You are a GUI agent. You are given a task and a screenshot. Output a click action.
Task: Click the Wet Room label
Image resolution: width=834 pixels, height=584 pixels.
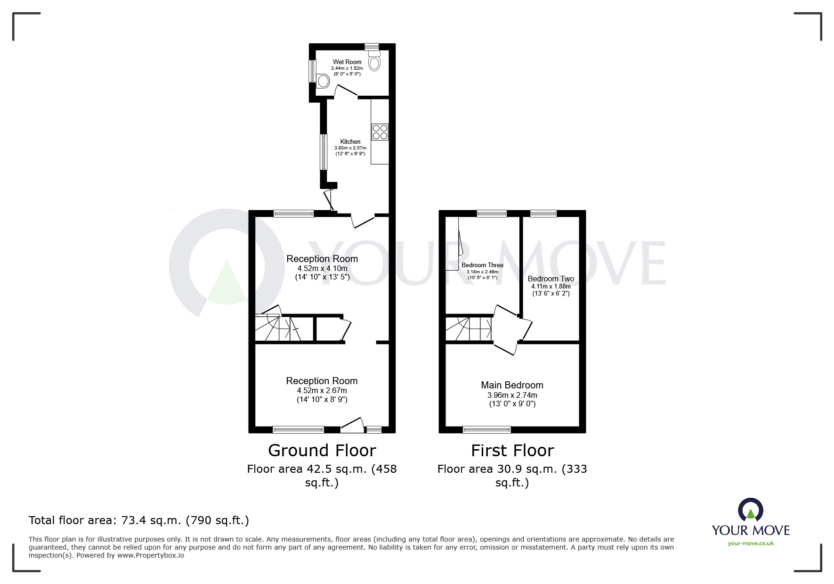347,62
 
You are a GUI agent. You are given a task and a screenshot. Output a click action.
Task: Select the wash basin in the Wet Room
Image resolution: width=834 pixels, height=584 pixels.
323,81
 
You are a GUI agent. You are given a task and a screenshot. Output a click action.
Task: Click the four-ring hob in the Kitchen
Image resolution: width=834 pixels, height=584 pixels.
380,132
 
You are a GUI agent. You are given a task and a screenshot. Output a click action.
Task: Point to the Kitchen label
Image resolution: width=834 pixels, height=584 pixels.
350,141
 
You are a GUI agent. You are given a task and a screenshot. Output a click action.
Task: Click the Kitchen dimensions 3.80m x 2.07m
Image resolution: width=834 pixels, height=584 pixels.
350,148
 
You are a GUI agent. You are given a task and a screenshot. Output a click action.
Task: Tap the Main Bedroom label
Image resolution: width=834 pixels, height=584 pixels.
512,385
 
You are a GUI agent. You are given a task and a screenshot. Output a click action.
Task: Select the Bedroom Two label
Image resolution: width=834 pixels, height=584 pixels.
551,279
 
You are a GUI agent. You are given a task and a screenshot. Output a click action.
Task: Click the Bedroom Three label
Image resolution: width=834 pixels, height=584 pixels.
482,265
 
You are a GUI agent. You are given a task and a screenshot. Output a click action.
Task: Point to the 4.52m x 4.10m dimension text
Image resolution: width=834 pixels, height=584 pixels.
322,269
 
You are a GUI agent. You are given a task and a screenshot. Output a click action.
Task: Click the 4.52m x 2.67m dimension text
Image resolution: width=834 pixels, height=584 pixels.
322,391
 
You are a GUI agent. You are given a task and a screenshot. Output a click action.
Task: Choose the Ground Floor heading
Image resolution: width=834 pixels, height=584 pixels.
322,451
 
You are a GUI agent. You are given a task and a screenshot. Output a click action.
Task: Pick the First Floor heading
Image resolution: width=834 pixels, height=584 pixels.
512,451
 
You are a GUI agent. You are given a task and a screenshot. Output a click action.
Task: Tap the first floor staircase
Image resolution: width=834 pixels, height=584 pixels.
468,328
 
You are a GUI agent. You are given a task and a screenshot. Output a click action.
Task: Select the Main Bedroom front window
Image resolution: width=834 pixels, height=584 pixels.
486,429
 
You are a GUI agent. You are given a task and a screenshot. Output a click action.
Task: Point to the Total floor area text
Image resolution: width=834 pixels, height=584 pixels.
139,520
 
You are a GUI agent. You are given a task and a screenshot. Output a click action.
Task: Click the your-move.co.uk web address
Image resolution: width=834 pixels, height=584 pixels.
751,543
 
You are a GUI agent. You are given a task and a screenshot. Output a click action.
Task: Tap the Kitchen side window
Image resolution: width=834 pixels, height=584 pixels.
324,152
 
